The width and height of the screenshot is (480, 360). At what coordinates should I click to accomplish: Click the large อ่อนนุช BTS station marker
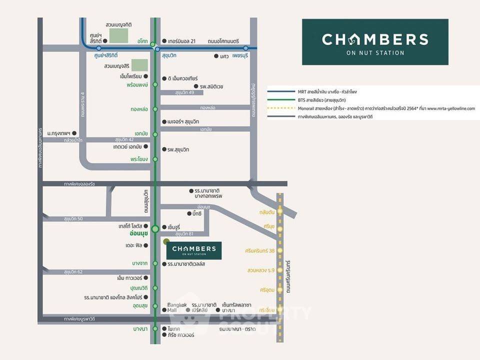pos(155,229)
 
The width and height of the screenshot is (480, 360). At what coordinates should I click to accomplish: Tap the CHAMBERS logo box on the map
pos(194,250)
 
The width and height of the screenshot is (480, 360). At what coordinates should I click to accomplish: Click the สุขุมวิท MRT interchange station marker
pos(157,49)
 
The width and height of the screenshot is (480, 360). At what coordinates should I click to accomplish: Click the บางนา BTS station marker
pos(155,328)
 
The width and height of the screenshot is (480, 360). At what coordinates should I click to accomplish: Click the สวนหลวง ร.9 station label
pos(261,270)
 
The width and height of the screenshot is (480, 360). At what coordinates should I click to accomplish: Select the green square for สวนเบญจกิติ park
pos(118,35)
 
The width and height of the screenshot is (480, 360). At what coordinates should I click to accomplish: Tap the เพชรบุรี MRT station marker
pos(246,48)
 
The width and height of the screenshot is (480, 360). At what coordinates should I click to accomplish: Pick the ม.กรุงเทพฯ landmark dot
pos(74,133)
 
